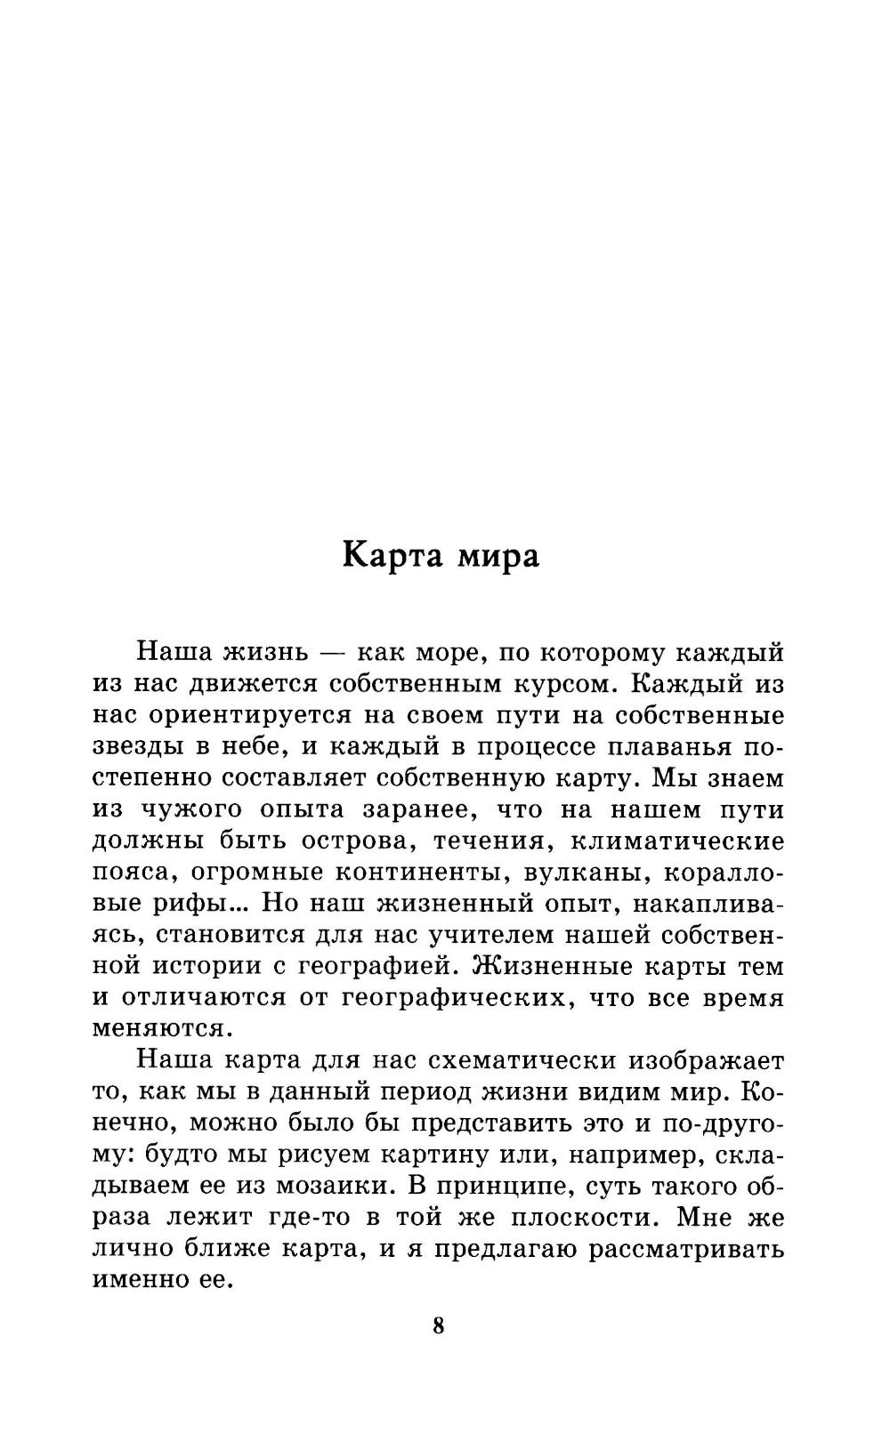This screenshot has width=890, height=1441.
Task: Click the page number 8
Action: [x=438, y=1325]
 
